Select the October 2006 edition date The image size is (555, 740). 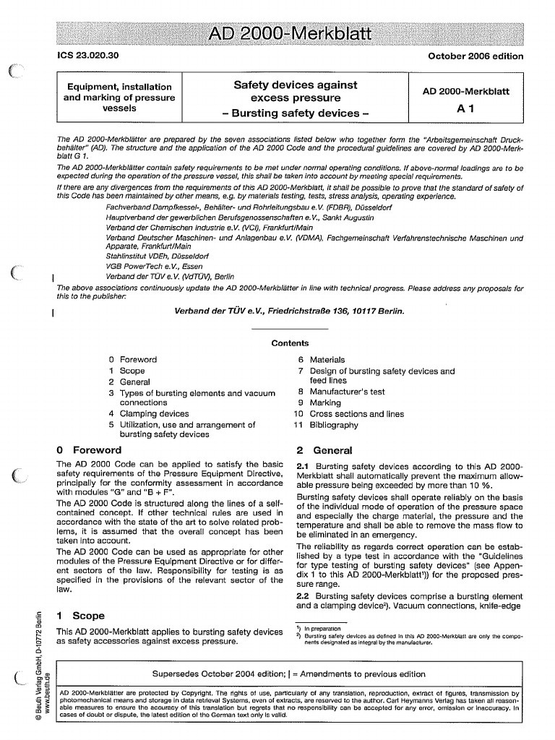476,56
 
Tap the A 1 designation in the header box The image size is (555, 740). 465,109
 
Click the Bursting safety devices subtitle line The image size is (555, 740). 294,113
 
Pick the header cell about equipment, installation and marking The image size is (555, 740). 119,98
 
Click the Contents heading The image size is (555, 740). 290,343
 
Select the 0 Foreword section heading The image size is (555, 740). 87,449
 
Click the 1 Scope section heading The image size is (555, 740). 80,616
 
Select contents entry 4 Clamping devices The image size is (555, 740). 149,414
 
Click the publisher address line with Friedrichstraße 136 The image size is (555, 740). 290,311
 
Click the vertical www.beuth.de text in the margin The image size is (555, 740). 48,693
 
